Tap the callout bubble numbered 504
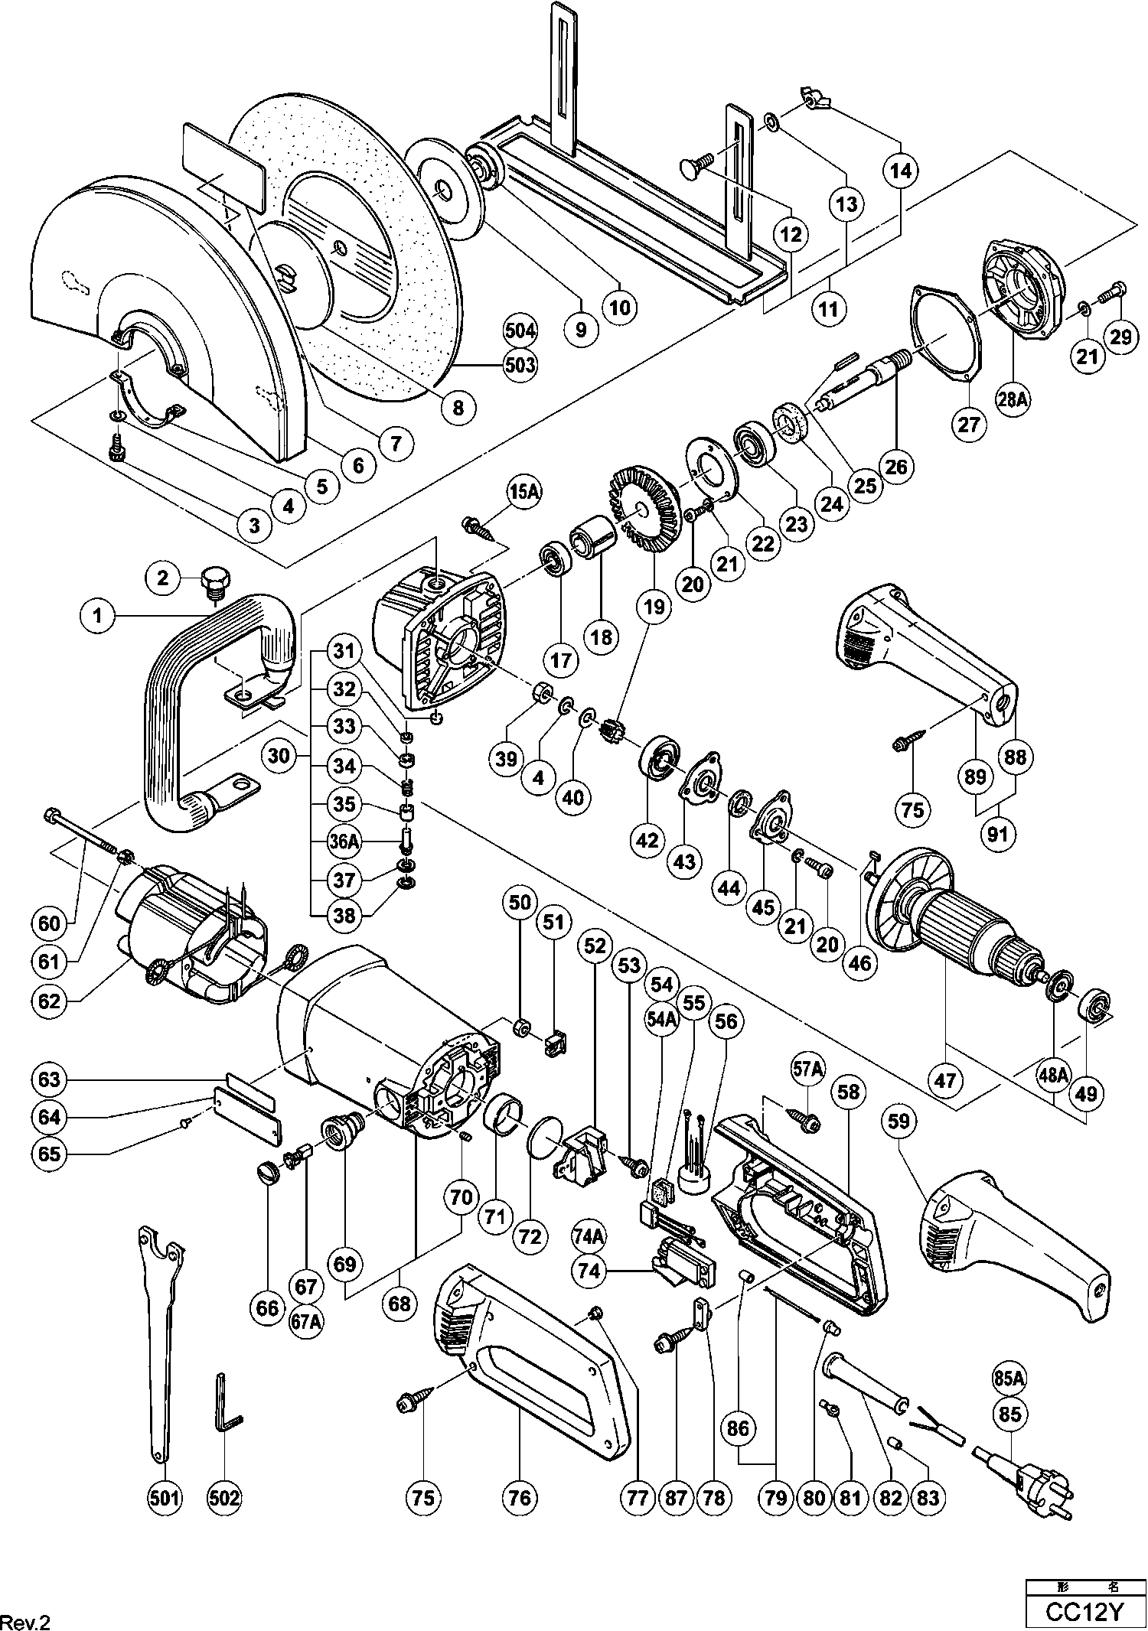pyautogui.click(x=520, y=331)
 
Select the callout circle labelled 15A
pyautogui.click(x=522, y=493)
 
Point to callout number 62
pyautogui.click(x=48, y=1000)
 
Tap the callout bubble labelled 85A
pyautogui.click(x=1009, y=1378)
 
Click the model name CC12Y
pyautogui.click(x=1084, y=1612)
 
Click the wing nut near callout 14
pyautogui.click(x=815, y=97)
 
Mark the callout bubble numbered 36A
pyautogui.click(x=344, y=842)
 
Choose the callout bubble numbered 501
pyautogui.click(x=165, y=1497)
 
